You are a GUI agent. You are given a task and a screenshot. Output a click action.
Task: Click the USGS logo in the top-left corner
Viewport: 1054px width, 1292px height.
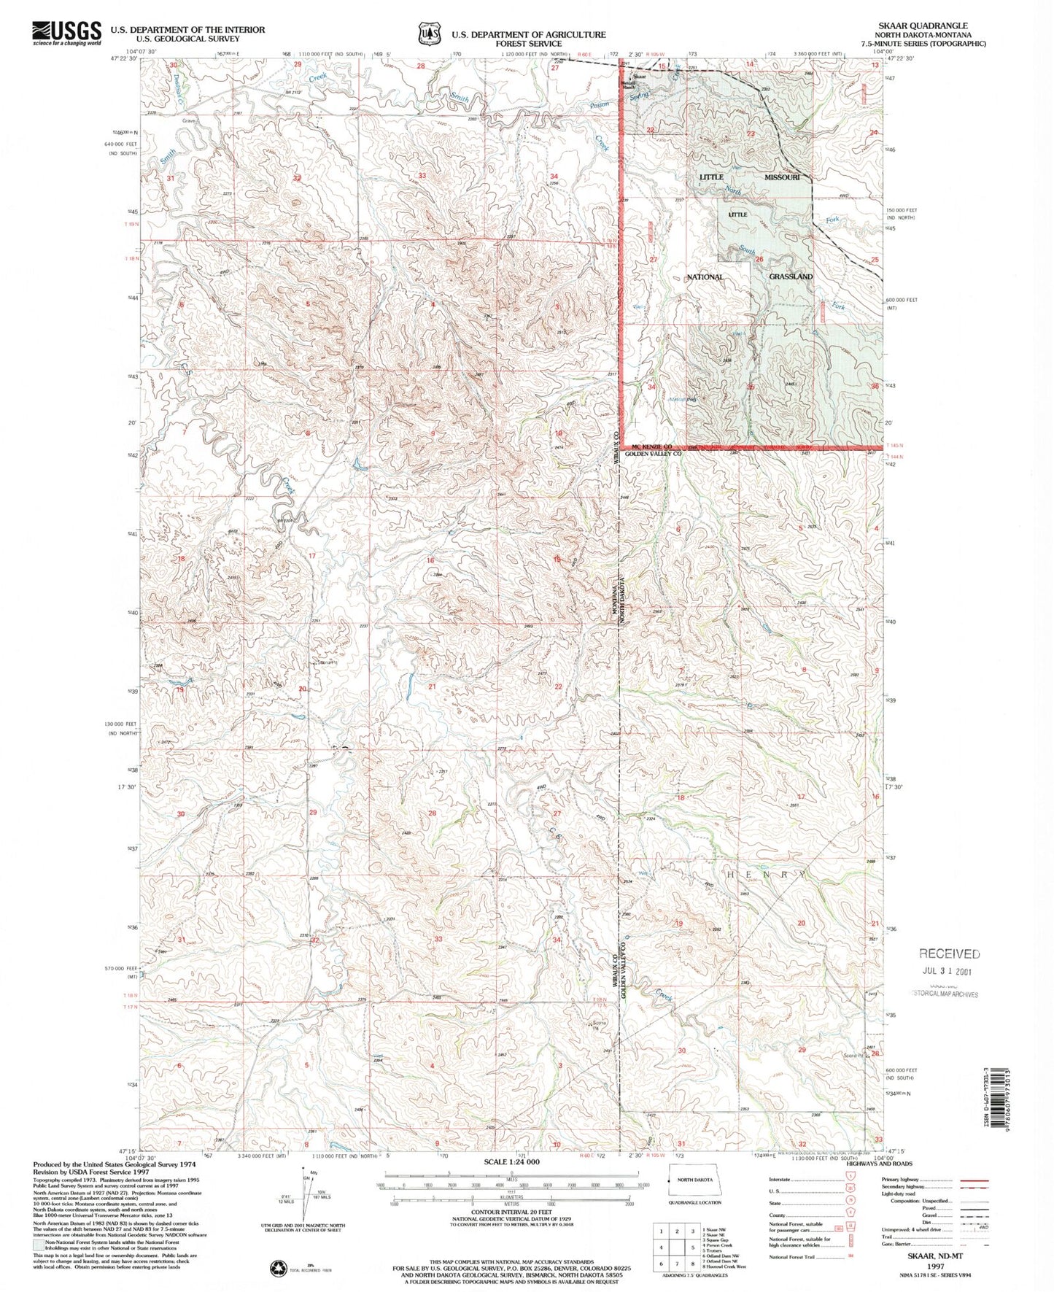point(66,33)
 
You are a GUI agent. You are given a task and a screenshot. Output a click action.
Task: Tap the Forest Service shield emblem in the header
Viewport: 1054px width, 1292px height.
point(430,34)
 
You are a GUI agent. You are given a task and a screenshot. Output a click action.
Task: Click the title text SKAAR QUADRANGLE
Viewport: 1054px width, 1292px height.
point(924,26)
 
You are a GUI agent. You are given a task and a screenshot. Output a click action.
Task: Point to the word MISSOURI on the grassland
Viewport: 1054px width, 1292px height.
point(782,177)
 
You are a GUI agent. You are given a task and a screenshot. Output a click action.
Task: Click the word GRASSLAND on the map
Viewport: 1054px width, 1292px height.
point(790,276)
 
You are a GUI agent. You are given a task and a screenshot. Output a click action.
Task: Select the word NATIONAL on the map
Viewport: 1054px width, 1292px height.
point(705,276)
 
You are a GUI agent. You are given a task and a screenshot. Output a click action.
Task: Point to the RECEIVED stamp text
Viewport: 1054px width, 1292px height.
point(949,953)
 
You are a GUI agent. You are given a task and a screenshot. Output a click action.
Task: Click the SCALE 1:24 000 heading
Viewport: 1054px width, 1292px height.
point(511,1161)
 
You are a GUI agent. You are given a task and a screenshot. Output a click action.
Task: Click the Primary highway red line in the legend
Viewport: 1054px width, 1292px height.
point(973,1180)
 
